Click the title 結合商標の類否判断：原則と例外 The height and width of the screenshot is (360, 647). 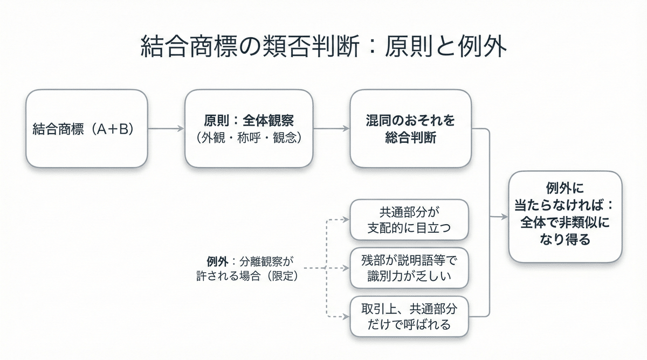pyautogui.click(x=323, y=47)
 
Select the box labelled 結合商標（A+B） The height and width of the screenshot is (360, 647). pyautogui.click(x=87, y=129)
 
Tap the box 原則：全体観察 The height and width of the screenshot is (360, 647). pyautogui.click(x=249, y=129)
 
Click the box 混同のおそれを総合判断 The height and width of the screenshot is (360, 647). pyautogui.click(x=410, y=129)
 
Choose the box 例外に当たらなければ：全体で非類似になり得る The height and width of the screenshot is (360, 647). pyautogui.click(x=565, y=217)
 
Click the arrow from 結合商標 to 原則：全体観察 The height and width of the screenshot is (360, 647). pyautogui.click(x=166, y=129)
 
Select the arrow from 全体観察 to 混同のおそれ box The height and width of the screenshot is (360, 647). pyautogui.click(x=331, y=129)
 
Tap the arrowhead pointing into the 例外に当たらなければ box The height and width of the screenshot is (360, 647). pyautogui.click(x=505, y=217)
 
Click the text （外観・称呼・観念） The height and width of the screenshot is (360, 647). pyautogui.click(x=249, y=138)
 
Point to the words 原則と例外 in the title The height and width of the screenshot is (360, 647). pyautogui.click(x=445, y=47)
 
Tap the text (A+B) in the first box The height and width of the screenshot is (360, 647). pyautogui.click(x=112, y=129)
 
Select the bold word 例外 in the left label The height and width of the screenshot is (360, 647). pyautogui.click(x=218, y=261)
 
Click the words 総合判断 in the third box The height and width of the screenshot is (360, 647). pyautogui.click(x=410, y=138)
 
